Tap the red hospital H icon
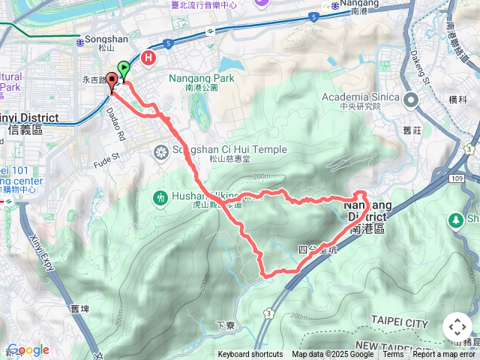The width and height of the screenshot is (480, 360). pyautogui.click(x=149, y=57)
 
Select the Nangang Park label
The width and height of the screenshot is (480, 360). pyautogui.click(x=201, y=78)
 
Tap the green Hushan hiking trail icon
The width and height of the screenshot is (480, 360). pyautogui.click(x=160, y=198)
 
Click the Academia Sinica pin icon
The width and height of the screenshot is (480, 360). pyautogui.click(x=411, y=100)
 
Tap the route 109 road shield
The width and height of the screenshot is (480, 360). pyautogui.click(x=459, y=179)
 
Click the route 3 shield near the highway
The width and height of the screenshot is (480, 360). pyautogui.click(x=268, y=311)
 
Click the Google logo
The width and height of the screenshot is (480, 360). pyautogui.click(x=28, y=349)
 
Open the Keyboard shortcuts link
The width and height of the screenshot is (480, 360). pyautogui.click(x=250, y=355)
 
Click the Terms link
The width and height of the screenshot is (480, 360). pyautogui.click(x=393, y=355)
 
